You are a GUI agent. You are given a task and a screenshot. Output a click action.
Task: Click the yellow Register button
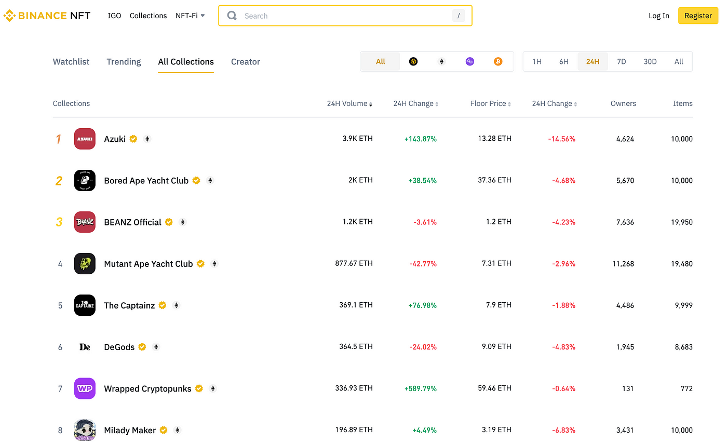click(x=698, y=16)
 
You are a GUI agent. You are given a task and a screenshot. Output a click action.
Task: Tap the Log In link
click(x=658, y=16)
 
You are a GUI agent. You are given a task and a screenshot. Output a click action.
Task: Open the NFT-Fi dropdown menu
click(x=190, y=16)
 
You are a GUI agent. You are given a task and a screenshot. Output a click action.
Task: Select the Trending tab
click(x=124, y=62)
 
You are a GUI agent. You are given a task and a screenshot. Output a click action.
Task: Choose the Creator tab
click(x=245, y=62)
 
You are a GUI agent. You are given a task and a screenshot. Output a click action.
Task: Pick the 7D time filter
click(x=621, y=61)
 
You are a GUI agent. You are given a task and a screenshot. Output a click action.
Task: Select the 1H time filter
click(x=537, y=61)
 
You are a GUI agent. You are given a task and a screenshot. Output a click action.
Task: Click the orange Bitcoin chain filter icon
click(x=498, y=61)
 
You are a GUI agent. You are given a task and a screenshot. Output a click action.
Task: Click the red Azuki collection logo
click(x=85, y=139)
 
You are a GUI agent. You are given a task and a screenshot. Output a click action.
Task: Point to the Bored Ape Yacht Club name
click(x=146, y=181)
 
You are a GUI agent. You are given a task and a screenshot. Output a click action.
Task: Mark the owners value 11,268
click(x=623, y=264)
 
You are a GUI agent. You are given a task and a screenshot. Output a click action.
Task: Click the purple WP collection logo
click(x=85, y=388)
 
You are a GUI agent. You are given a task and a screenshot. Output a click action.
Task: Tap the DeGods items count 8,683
click(x=681, y=347)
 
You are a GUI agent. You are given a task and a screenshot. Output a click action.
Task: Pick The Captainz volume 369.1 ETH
click(x=356, y=305)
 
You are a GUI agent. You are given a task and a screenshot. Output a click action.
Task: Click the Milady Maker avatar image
click(x=85, y=430)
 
